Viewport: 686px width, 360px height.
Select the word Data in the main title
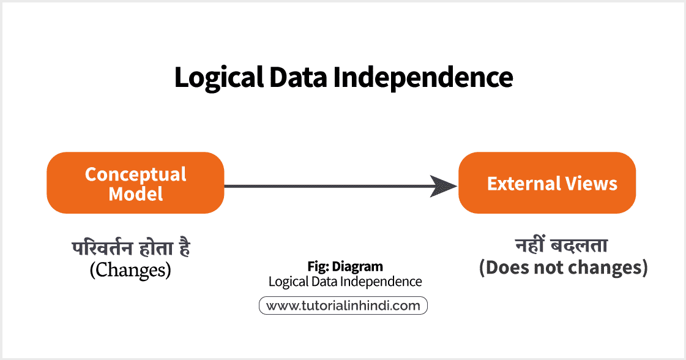click(x=294, y=78)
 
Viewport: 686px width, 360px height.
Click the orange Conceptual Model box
click(x=135, y=182)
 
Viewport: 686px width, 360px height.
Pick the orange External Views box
click(x=547, y=182)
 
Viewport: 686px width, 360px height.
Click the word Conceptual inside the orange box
click(x=135, y=174)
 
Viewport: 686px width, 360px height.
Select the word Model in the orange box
click(x=135, y=194)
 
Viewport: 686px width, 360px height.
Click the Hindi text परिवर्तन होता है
click(x=130, y=249)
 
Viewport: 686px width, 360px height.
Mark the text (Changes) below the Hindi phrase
click(x=130, y=269)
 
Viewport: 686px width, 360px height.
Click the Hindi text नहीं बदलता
click(x=563, y=247)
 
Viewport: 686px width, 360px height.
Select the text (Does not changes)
click(x=563, y=268)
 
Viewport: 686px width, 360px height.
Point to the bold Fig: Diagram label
click(x=345, y=267)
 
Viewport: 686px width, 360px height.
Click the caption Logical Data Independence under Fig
click(x=345, y=282)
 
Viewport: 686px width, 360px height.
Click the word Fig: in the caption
click(x=318, y=267)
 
